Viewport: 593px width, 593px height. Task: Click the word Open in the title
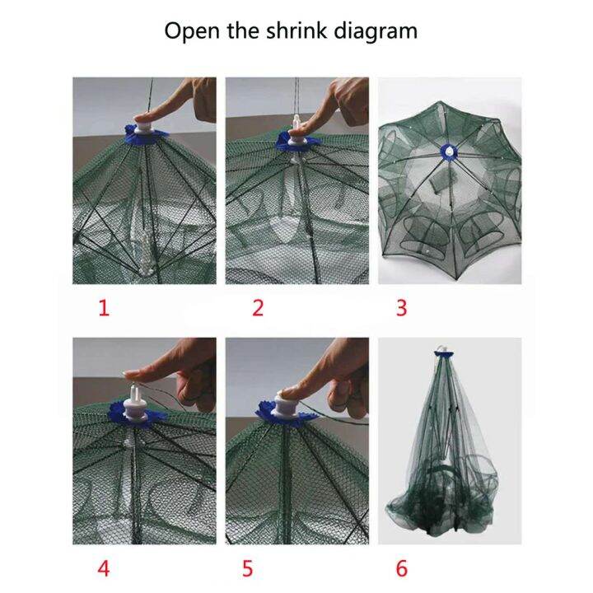(x=189, y=32)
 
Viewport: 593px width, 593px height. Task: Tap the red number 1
(x=104, y=309)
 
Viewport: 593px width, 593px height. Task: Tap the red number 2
(x=258, y=309)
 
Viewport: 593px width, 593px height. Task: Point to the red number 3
(x=401, y=309)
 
